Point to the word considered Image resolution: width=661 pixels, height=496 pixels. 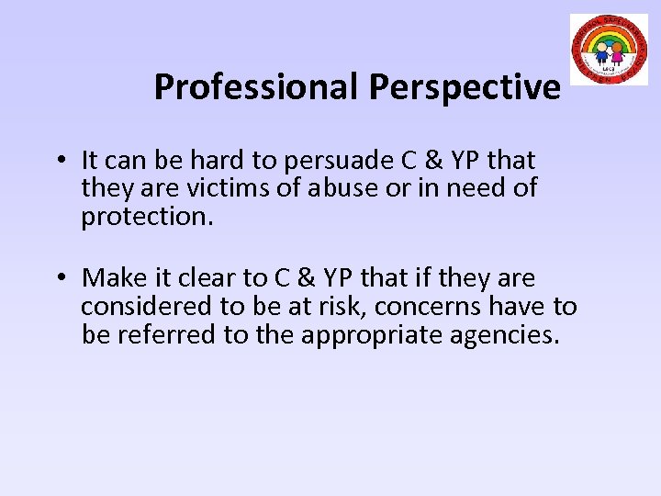pyautogui.click(x=140, y=307)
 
